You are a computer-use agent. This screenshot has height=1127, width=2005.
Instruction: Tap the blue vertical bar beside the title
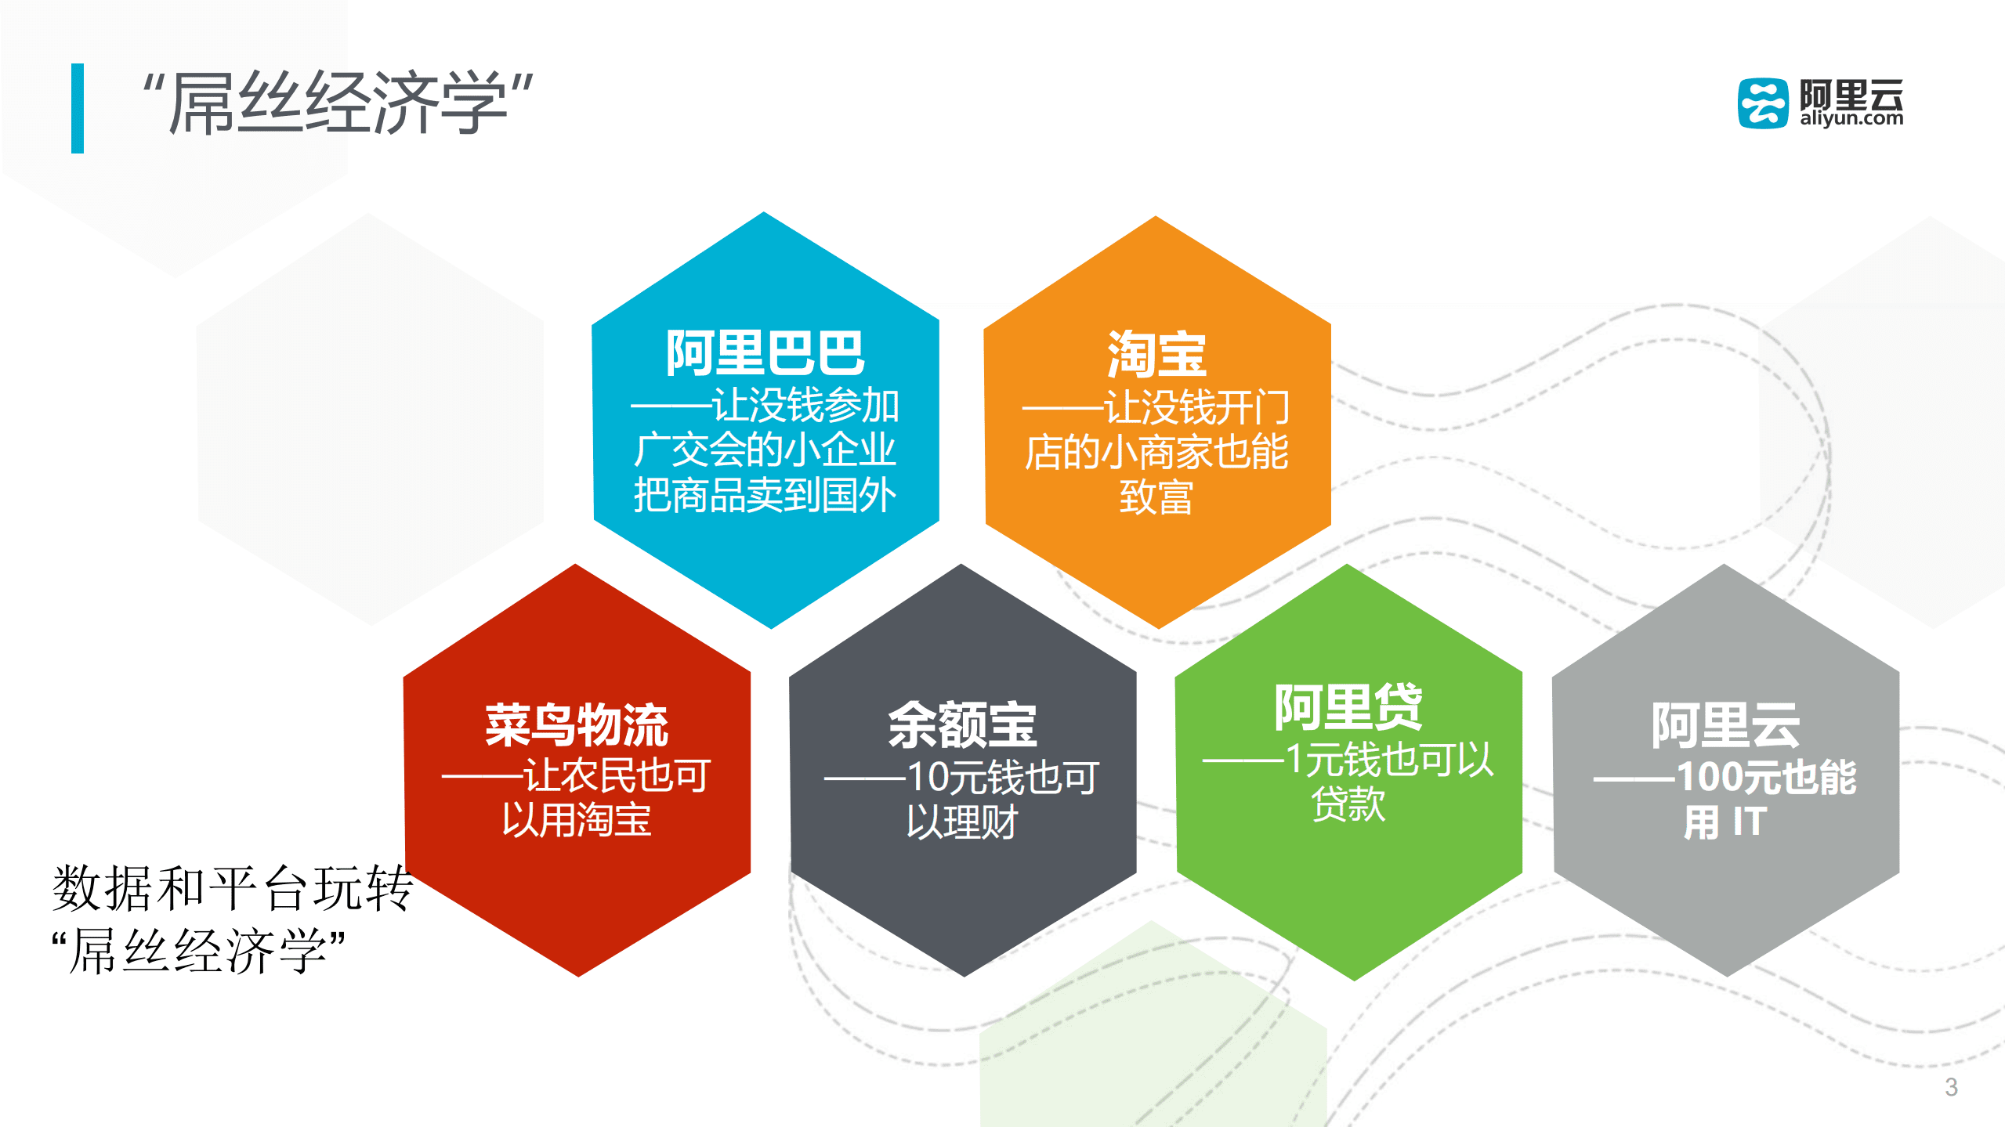coord(78,108)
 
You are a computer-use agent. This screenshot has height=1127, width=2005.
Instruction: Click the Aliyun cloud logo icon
coord(1763,103)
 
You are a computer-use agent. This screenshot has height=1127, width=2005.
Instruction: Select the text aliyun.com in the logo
coord(1851,118)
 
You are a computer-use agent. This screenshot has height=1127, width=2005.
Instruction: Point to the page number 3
coord(1951,1087)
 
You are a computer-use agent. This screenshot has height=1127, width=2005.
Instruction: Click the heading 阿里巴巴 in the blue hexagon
coord(765,353)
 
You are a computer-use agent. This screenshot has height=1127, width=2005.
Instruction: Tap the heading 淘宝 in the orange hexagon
coord(1156,354)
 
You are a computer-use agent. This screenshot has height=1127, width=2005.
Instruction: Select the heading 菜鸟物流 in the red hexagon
coord(577,725)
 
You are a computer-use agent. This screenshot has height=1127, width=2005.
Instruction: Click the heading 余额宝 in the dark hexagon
coord(962,725)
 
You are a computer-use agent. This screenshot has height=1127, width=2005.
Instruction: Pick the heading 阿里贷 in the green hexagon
coord(1348,706)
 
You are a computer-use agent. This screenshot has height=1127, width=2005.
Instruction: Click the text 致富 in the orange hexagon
coord(1156,497)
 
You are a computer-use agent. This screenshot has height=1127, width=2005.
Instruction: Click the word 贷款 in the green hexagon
coord(1348,804)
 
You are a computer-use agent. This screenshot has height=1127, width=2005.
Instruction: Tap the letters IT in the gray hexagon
coord(1750,822)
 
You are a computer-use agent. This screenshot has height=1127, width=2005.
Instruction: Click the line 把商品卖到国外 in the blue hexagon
coord(765,495)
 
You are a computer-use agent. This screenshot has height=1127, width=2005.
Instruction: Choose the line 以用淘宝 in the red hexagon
coord(577,821)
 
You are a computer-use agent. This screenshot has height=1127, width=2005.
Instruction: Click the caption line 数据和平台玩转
coord(233,888)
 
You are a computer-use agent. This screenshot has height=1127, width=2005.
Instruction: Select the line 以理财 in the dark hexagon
coord(962,822)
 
